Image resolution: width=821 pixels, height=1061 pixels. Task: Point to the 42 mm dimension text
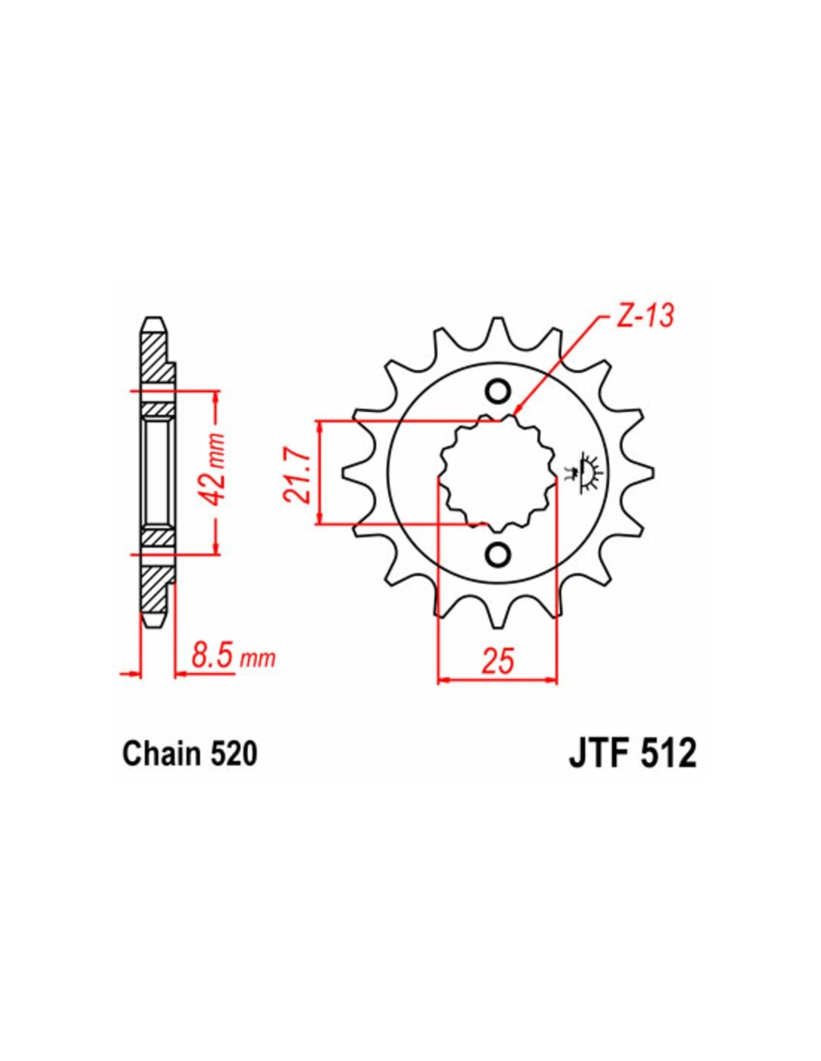(216, 465)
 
